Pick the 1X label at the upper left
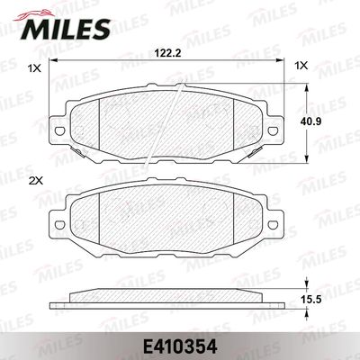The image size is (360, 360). click(35, 67)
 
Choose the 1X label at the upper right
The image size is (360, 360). click(301, 66)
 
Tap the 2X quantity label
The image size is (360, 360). click(36, 182)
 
